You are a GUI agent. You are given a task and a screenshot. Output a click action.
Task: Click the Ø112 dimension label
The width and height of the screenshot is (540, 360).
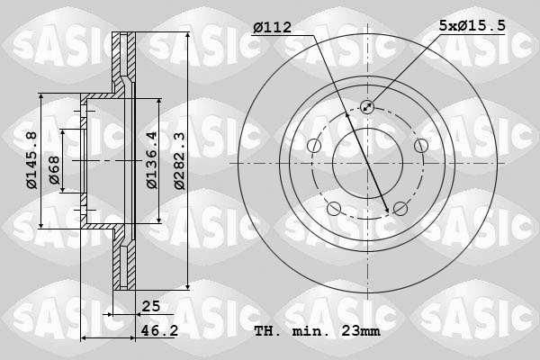pos(273,28)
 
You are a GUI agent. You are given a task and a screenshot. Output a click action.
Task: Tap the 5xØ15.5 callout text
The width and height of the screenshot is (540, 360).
pos(472,25)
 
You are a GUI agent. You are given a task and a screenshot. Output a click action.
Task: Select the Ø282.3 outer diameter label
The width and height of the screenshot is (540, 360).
pos(179,161)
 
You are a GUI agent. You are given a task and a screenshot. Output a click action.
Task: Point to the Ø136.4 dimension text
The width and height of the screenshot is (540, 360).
pos(151,160)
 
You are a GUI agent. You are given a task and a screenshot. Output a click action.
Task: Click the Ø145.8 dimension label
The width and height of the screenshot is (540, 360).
pos(31,160)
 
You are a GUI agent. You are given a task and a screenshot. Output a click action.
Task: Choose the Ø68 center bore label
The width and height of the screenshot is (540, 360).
pos(54,170)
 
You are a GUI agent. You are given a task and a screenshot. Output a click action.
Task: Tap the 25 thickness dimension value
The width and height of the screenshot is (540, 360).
pos(151,306)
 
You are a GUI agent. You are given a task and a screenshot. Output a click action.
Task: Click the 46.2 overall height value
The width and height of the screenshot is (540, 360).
pos(159,330)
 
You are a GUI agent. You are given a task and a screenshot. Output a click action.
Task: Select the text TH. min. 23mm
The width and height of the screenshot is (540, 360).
pos(317,331)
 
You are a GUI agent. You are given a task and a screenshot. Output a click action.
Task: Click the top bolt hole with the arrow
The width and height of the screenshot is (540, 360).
pos(367,107)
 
